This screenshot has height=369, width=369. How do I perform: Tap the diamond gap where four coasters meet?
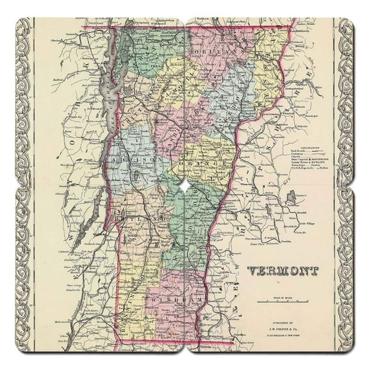pos(184,185)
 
